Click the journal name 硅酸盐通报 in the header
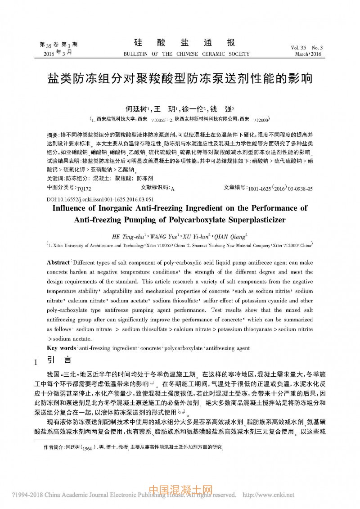coord(185,43)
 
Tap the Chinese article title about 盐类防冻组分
coord(180,79)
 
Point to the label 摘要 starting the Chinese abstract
coord(52,135)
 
